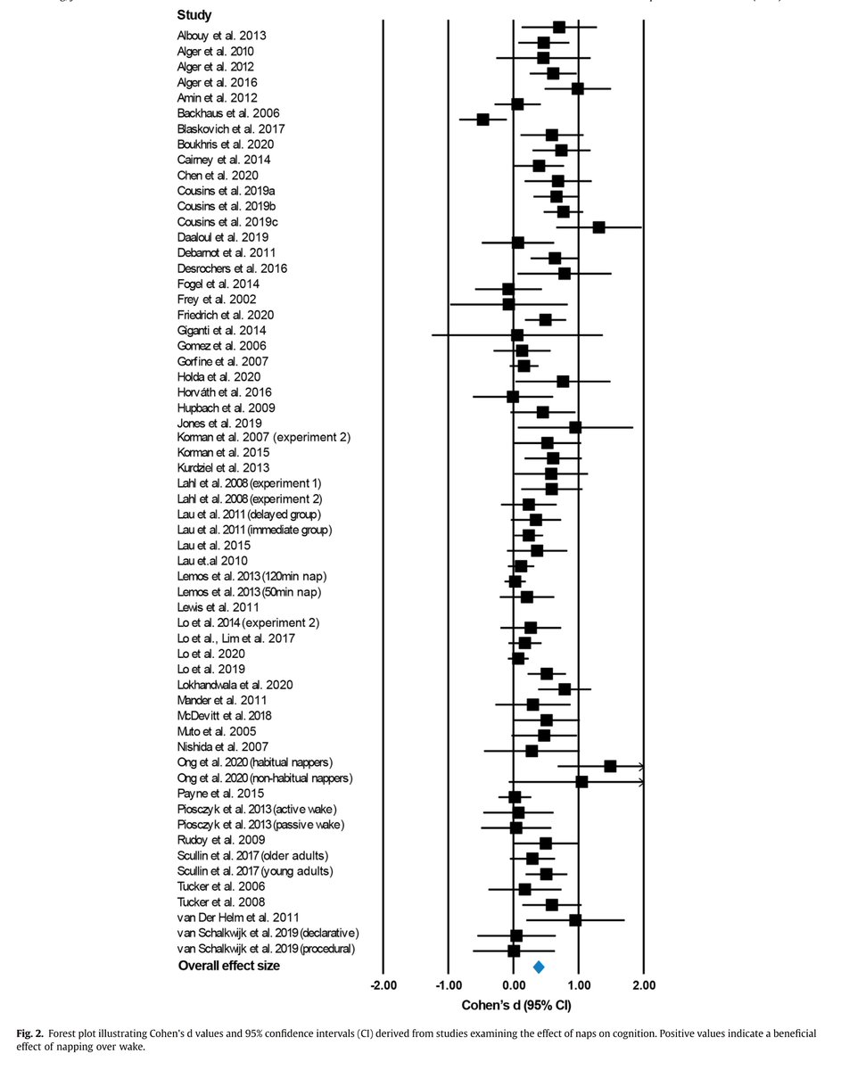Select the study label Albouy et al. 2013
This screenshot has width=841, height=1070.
point(222,36)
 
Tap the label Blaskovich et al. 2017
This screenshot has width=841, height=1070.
point(229,129)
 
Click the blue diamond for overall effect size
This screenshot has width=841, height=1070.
point(538,967)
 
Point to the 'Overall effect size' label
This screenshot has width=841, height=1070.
point(228,966)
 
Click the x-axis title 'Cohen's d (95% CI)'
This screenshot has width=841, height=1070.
point(516,1006)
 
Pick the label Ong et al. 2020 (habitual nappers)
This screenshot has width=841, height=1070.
point(256,762)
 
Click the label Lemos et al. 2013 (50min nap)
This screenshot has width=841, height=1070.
point(250,592)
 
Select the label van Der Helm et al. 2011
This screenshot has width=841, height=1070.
point(237,917)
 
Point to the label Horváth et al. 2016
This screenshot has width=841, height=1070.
point(225,392)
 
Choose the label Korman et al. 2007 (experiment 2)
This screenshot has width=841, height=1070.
point(264,438)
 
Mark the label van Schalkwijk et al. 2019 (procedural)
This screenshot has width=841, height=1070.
point(267,949)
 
